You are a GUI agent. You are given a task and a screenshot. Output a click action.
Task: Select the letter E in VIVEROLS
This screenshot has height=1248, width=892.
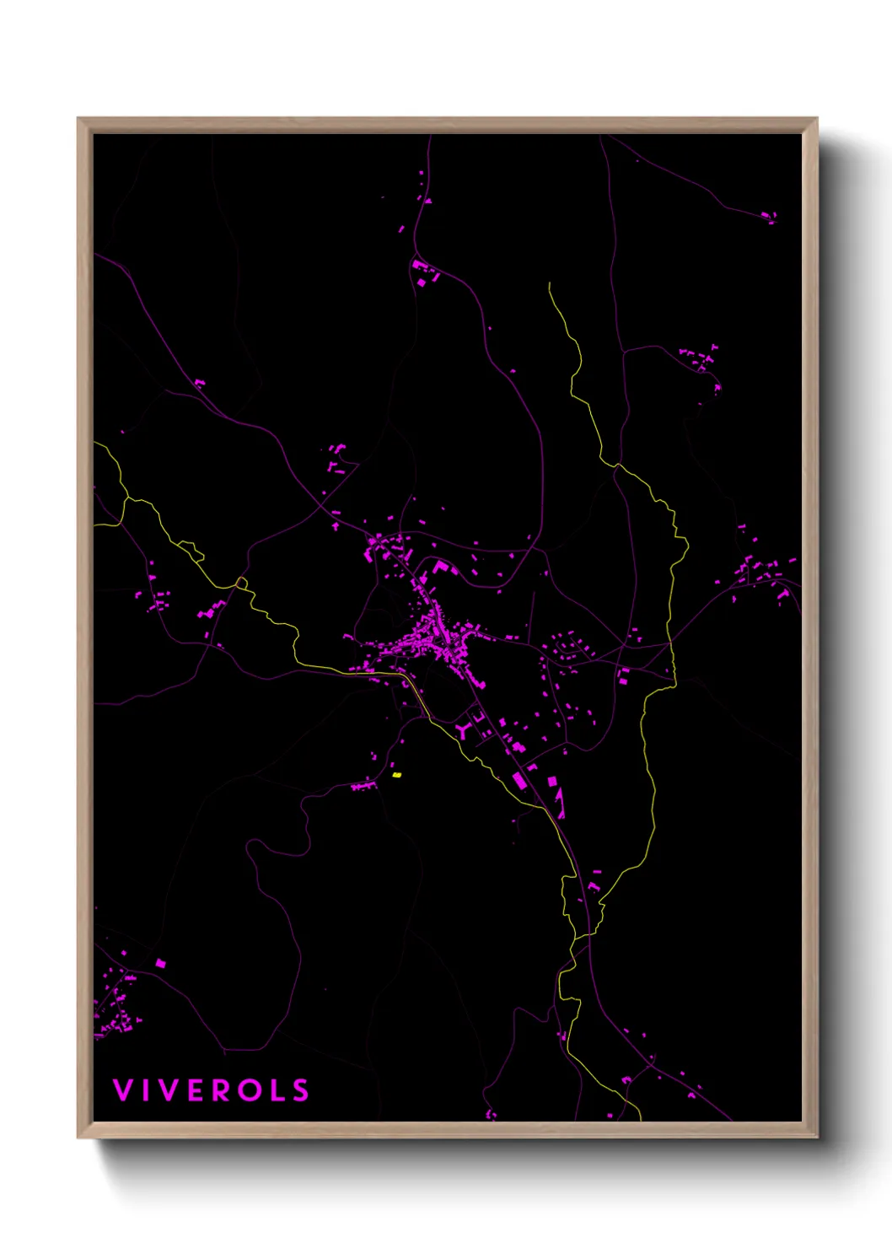195,1090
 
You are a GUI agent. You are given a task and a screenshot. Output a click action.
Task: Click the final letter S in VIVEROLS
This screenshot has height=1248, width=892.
301,1090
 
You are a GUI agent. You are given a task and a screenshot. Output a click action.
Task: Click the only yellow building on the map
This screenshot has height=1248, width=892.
397,774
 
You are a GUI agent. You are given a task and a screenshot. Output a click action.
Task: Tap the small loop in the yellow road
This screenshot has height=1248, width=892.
242,583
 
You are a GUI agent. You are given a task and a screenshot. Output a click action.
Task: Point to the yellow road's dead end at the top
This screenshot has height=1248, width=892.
550,284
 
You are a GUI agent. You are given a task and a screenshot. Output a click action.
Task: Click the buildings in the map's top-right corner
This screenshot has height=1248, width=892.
768,217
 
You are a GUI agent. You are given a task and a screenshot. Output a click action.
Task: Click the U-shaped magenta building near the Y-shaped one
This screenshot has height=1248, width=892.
479,718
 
